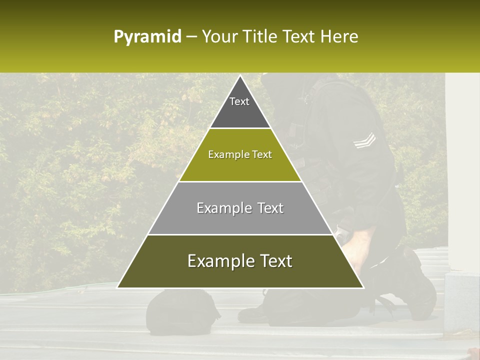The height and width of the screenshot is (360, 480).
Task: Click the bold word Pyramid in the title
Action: (147, 37)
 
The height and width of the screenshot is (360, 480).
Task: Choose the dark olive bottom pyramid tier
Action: (240, 274)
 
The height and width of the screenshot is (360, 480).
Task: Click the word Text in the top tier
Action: (239, 101)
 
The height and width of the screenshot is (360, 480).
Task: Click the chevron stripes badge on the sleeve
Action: (364, 140)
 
